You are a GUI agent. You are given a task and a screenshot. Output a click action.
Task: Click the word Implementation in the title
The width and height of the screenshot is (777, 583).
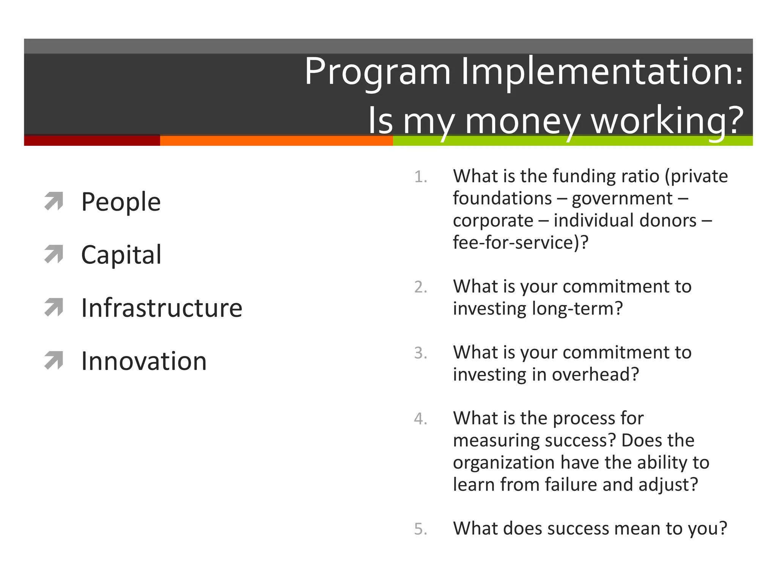point(602,72)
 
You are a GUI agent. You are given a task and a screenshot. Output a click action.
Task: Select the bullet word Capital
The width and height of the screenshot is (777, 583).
point(121,255)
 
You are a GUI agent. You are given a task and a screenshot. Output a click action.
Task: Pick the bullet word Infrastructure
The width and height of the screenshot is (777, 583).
point(162,308)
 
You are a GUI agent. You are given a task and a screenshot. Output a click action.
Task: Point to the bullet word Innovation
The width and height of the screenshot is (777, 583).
point(144,361)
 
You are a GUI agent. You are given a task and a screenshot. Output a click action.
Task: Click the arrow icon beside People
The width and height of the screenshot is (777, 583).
point(53,201)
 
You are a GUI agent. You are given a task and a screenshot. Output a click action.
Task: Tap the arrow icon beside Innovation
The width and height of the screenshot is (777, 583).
point(53,361)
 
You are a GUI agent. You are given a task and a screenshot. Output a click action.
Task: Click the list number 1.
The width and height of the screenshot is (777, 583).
point(420,177)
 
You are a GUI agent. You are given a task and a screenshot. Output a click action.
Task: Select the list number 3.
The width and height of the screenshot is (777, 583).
point(420,353)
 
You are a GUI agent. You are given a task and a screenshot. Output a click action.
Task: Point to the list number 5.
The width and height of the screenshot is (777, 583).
point(420,529)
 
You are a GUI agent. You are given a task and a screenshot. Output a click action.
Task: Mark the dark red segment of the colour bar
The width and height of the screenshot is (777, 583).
point(92,140)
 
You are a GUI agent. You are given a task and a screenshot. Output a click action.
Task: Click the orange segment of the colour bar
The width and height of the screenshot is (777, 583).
point(276,141)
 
